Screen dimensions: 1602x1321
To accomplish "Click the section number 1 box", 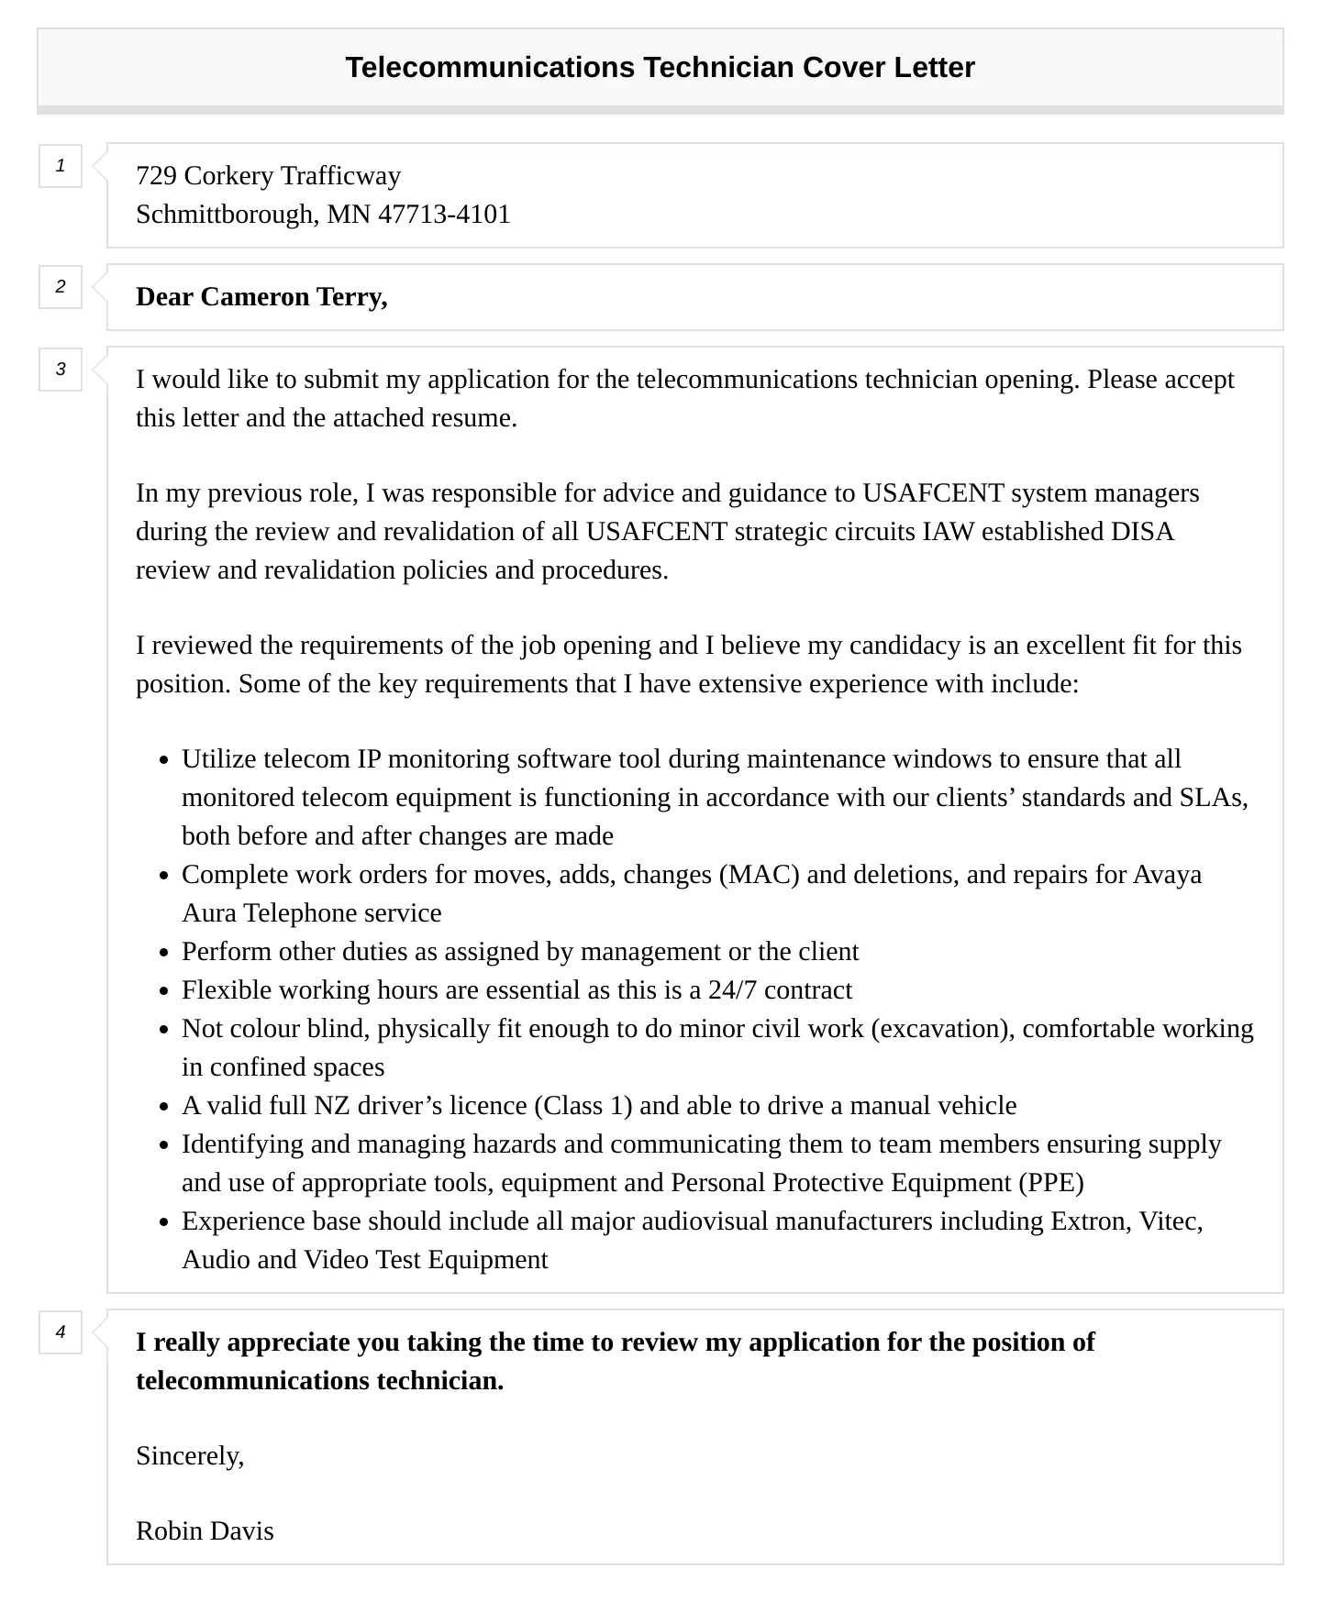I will point(61,166).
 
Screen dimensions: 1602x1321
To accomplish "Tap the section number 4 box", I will point(61,1332).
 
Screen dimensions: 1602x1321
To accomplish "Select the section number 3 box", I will point(61,370).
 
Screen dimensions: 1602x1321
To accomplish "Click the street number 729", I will point(156,175).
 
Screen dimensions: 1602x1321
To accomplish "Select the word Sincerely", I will point(189,1455).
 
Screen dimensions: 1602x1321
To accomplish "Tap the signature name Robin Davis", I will point(205,1530).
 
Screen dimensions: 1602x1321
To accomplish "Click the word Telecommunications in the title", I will point(490,67).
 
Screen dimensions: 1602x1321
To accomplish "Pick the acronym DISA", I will point(1142,532).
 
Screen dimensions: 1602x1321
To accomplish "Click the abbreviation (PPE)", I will point(1051,1183).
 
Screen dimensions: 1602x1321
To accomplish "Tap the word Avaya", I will point(1167,875).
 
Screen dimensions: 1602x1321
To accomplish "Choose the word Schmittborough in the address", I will point(227,214).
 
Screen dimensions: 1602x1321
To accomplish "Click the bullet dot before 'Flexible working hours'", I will point(163,992).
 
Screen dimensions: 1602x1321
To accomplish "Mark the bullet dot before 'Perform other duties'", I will point(163,954).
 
